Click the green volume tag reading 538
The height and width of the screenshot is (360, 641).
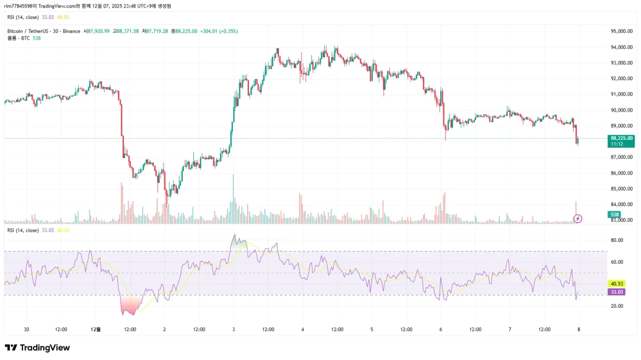tap(614, 214)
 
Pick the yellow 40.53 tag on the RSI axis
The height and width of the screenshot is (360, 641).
tap(616, 284)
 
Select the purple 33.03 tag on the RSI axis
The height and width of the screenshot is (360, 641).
tap(616, 292)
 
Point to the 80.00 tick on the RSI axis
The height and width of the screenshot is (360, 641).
tap(617, 240)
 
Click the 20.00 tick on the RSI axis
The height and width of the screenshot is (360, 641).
tap(617, 306)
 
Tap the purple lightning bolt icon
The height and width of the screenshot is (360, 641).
tap(577, 218)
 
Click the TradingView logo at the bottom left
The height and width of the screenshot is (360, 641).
tap(37, 348)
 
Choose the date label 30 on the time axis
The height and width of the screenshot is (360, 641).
tap(27, 330)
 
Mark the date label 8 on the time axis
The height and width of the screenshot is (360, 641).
tap(579, 330)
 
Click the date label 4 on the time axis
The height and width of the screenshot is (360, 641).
tap(302, 330)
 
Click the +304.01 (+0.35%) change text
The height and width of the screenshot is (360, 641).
tap(218, 32)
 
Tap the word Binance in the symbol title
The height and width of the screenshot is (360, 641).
tap(71, 32)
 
